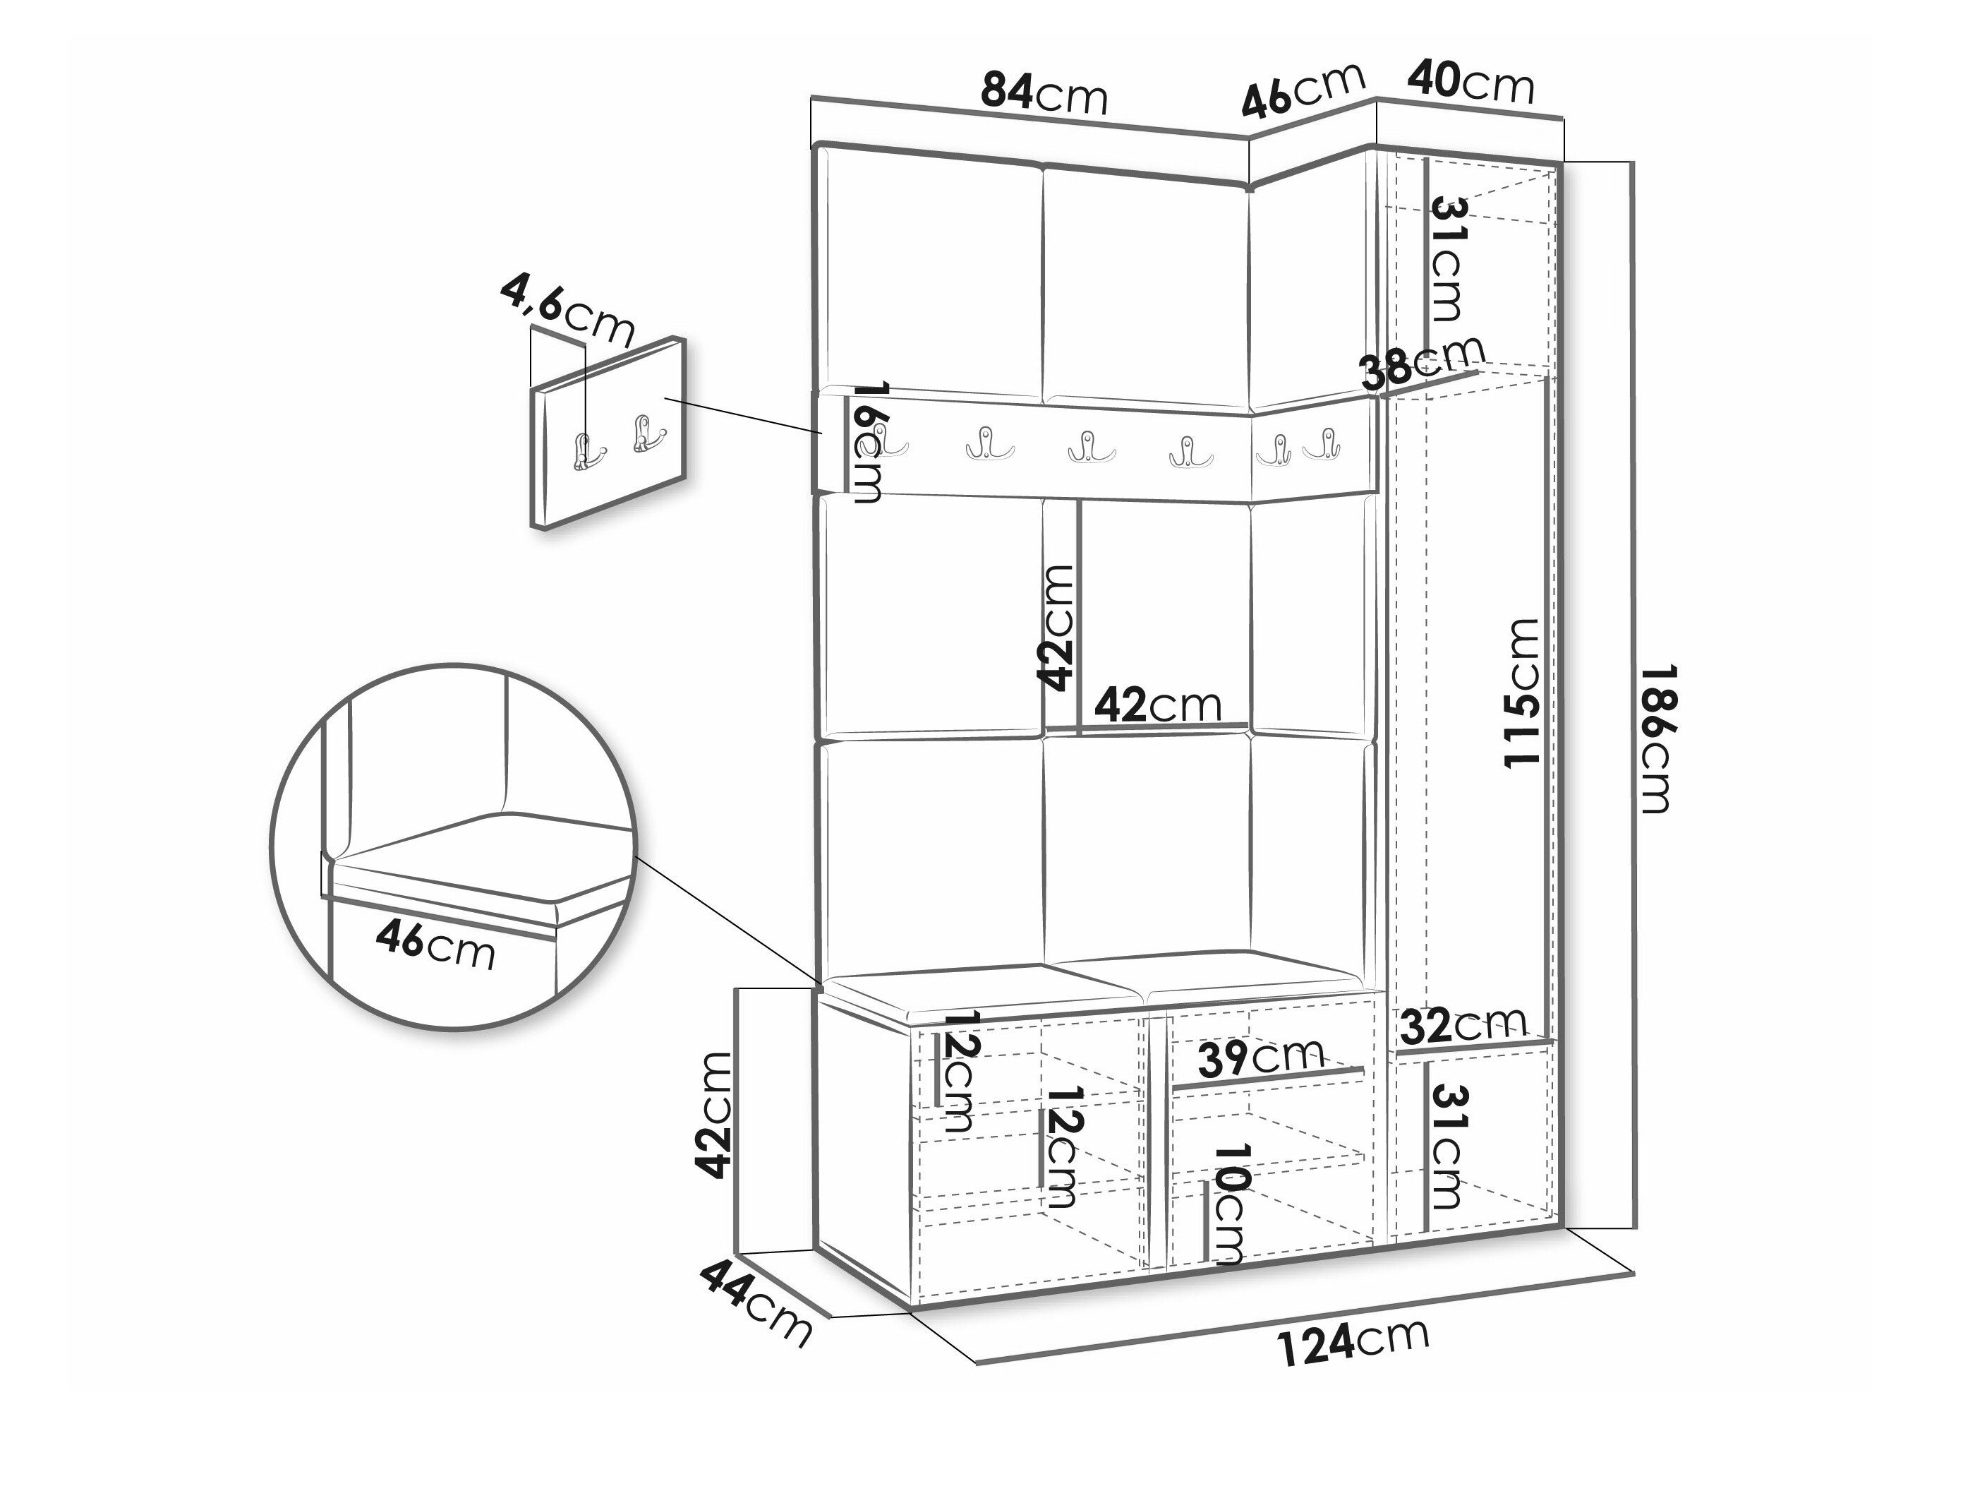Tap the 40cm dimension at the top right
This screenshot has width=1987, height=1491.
click(1470, 82)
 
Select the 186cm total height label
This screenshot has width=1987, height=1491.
click(1655, 738)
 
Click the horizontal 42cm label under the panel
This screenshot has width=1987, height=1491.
click(1158, 705)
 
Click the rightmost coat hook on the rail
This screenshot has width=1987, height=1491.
click(1325, 445)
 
